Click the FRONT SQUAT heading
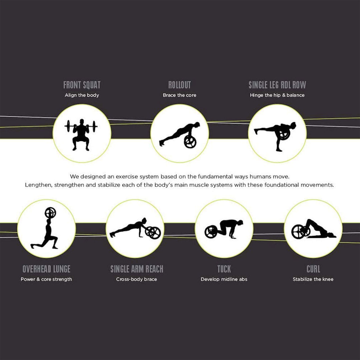tap(82, 85)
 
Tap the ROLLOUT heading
tap(180, 85)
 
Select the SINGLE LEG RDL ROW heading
tap(277, 85)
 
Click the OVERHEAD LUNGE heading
tap(46, 269)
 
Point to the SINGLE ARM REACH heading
tap(137, 269)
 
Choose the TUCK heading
tap(224, 269)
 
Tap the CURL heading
tap(313, 269)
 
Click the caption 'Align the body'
tap(82, 95)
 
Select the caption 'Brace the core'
tap(180, 95)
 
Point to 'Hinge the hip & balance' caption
tap(277, 95)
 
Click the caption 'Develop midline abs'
tap(224, 279)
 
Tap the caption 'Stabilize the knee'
tap(313, 279)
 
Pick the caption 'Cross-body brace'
tap(137, 279)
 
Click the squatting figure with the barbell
tap(81, 135)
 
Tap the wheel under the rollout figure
tap(190, 142)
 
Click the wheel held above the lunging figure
tap(50, 213)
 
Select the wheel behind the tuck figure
tap(211, 232)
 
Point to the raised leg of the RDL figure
tap(264, 130)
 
